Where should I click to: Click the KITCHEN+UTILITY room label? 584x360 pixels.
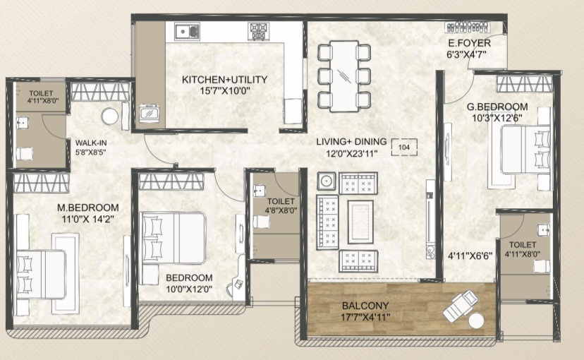pos(224,79)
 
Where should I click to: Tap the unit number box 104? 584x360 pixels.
pos(404,148)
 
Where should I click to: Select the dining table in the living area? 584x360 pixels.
pos(343,76)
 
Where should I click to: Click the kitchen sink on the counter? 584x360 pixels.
pos(188,31)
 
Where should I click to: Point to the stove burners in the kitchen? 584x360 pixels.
pos(258,31)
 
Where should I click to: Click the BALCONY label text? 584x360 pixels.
pos(365,306)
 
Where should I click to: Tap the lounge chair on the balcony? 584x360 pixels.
pos(460,306)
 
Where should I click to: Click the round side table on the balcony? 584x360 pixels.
pos(476,320)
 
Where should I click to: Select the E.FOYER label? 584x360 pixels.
pos(470,43)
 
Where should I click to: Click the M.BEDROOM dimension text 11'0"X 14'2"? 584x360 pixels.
pos(88,219)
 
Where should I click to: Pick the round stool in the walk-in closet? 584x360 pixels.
pos(110,116)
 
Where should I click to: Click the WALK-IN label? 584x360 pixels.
pos(91,143)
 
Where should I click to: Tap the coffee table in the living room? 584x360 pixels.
pos(360,222)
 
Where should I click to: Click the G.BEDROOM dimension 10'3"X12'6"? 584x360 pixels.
pos(497,118)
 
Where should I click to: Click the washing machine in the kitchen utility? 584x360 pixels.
pos(150,113)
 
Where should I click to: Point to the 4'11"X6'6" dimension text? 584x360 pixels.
pos(470,256)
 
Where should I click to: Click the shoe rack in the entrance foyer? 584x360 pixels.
pos(468,27)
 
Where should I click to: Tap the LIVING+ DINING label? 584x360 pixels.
pos(351,142)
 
